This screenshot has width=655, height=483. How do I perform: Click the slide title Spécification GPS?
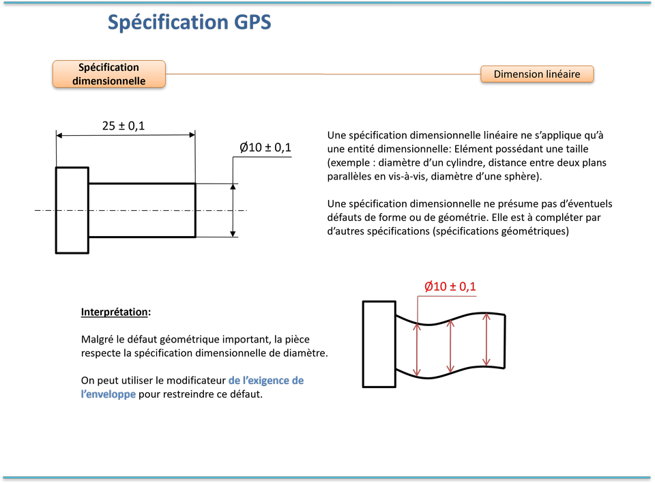[x=189, y=23]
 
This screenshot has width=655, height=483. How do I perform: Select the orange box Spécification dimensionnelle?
[x=109, y=74]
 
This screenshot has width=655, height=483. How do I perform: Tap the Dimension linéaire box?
[x=537, y=74]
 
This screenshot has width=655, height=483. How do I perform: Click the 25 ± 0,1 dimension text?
[x=123, y=126]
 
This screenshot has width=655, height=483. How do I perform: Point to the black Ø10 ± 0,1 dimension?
[x=265, y=147]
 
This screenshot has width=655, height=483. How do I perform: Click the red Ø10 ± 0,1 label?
[x=450, y=287]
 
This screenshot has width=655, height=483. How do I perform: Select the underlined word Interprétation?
[x=114, y=312]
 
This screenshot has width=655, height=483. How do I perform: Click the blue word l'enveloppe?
[x=108, y=394]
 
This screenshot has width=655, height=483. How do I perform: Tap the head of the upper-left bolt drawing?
[x=72, y=210]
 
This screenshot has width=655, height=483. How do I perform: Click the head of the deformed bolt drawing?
[x=379, y=345]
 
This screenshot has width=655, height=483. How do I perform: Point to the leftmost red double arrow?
[x=417, y=350]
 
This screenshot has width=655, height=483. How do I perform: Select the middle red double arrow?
[x=450, y=346]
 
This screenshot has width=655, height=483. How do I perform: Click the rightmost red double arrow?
[x=486, y=340]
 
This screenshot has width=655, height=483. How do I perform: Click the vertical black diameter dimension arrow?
[x=233, y=211]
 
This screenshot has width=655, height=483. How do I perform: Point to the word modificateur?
[x=196, y=381]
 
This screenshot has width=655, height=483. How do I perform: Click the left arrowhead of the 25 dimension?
[x=59, y=135]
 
